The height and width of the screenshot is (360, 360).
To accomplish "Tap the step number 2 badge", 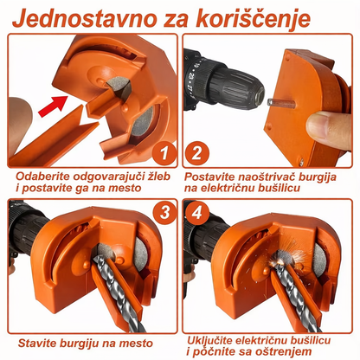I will coord(198,154).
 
